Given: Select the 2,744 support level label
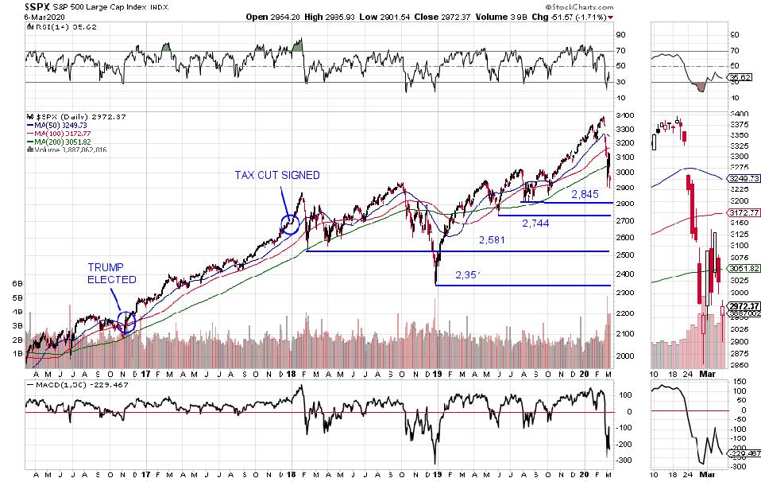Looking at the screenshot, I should point(536,224).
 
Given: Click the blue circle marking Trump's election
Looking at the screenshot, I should point(126,321).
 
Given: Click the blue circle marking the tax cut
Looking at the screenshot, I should point(290,224).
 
